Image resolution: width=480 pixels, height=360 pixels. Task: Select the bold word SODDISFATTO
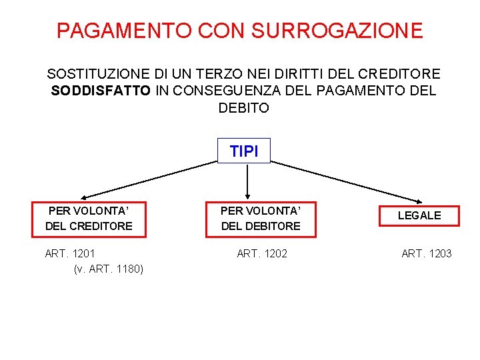pos(101,91)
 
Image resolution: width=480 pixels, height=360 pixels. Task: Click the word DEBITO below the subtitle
pos(244,108)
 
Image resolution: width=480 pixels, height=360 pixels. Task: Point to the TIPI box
pos(244,151)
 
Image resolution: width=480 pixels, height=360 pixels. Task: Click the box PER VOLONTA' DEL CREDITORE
pos(89,219)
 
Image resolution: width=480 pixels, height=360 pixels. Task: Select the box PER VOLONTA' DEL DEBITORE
pos(261,219)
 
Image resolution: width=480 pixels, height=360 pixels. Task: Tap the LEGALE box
pos(419,215)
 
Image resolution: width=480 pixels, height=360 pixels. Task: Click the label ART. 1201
pos(70,253)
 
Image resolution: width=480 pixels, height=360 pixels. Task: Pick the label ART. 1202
pos(262,253)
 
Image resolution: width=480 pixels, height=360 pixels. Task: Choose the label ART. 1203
pos(426,253)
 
